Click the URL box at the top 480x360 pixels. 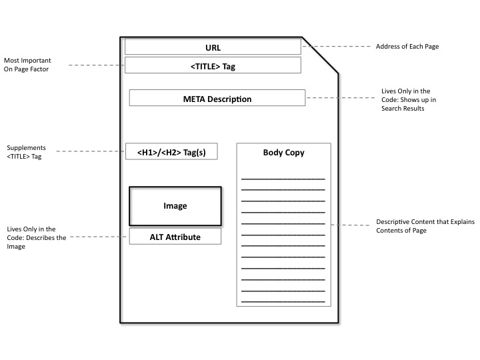[213, 47]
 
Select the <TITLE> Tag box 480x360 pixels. [213, 65]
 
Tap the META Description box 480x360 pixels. [217, 99]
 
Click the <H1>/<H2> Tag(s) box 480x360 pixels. [171, 152]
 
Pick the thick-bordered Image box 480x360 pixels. [175, 206]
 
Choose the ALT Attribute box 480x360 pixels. [175, 237]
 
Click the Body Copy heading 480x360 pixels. [283, 153]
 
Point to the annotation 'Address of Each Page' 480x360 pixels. [407, 47]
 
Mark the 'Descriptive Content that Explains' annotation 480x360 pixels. [425, 226]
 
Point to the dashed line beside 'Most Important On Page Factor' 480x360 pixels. [97, 65]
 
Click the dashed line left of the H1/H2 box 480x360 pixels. [91, 152]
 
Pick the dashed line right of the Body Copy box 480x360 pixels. [351, 225]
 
